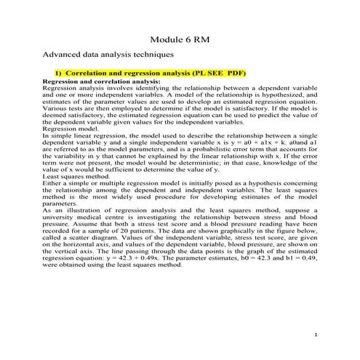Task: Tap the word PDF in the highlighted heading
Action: tap(237, 73)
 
